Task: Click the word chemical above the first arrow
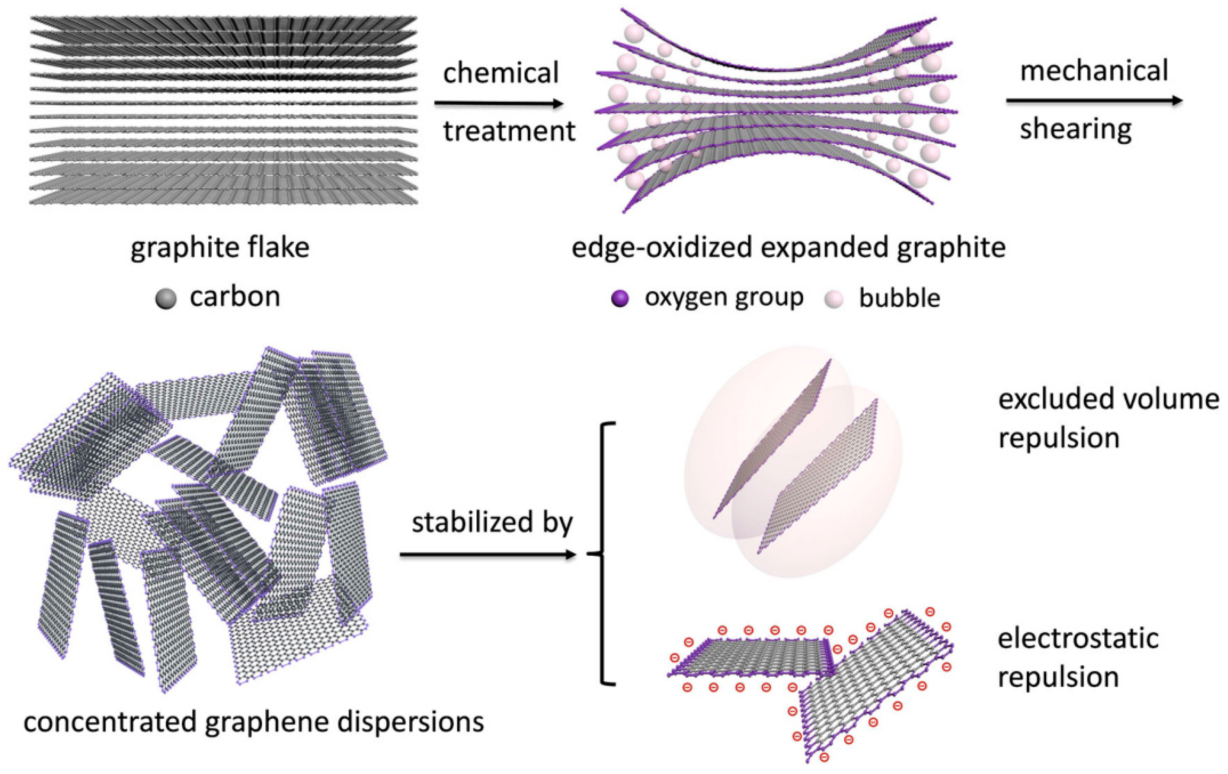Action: pos(501,73)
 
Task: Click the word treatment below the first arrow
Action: pos(509,131)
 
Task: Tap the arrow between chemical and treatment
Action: pos(498,104)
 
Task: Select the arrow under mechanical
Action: pos(1094,101)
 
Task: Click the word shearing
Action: pos(1076,129)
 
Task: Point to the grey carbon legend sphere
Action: pos(166,299)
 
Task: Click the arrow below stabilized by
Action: pos(487,555)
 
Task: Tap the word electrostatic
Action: pos(1078,639)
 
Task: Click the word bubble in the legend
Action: pos(900,298)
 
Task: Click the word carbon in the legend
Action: pos(235,296)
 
